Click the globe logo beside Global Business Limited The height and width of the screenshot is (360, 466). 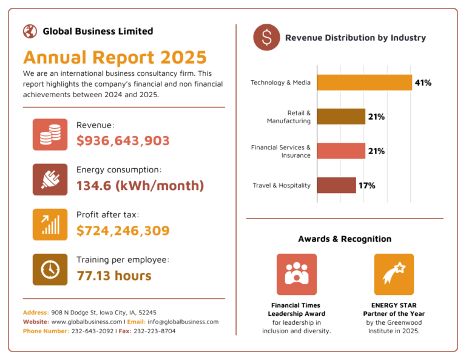pyautogui.click(x=30, y=31)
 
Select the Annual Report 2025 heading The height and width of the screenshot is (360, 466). pyautogui.click(x=115, y=58)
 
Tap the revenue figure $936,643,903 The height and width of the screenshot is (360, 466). pyautogui.click(x=123, y=141)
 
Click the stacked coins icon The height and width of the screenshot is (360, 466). pyautogui.click(x=50, y=135)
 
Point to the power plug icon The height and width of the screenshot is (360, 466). pyautogui.click(x=50, y=180)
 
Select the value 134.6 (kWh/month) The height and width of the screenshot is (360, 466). pyautogui.click(x=140, y=186)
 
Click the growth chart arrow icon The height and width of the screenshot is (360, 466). pyautogui.click(x=50, y=225)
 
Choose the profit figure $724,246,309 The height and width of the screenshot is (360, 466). pyautogui.click(x=123, y=231)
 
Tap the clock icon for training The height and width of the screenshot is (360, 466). pyautogui.click(x=50, y=270)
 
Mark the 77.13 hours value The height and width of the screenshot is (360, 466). pyautogui.click(x=114, y=276)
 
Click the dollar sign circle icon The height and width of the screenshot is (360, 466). pyautogui.click(x=266, y=38)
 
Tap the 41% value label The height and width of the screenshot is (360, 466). pyautogui.click(x=423, y=83)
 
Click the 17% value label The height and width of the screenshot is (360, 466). pyautogui.click(x=366, y=185)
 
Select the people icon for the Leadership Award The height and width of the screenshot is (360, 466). pyautogui.click(x=296, y=274)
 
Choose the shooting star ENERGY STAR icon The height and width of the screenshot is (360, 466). pyautogui.click(x=394, y=274)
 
